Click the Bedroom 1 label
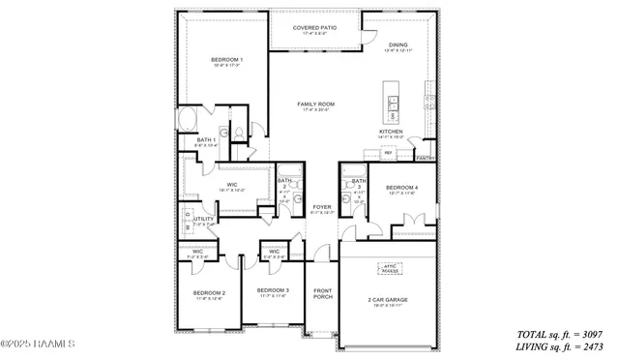tap(227, 60)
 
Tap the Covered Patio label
tap(316, 28)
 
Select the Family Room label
tap(316, 104)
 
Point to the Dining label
tap(398, 45)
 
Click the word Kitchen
tap(391, 132)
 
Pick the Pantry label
tap(425, 157)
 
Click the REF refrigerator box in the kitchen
tap(388, 153)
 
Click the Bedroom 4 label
tap(402, 187)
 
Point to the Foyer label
tap(321, 206)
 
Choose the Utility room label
tap(203, 219)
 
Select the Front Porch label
tap(322, 293)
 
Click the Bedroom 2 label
tap(209, 292)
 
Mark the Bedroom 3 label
tap(273, 290)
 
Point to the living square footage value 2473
tap(589, 345)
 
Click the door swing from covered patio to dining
tap(368, 36)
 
